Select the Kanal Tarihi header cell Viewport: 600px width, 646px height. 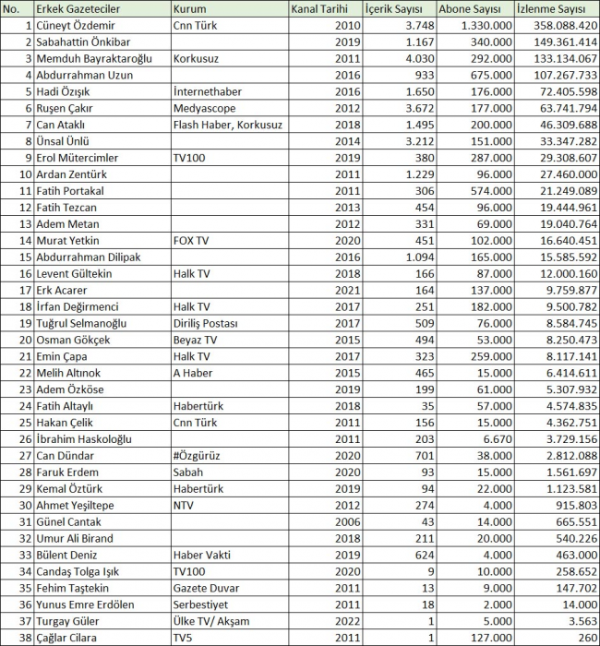319,9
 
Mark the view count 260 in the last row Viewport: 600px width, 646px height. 582,638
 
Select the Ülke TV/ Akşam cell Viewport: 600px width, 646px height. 210,621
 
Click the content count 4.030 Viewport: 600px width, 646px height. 392,59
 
